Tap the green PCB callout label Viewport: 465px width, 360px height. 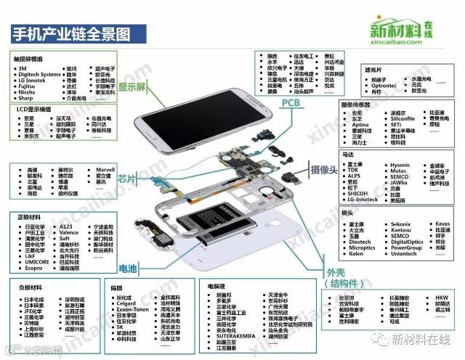tap(294, 104)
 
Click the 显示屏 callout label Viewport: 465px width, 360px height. tap(133, 86)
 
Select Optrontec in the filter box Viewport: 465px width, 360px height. tap(384, 86)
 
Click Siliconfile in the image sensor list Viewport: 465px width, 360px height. tap(403, 118)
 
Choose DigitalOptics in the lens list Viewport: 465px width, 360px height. tap(405, 242)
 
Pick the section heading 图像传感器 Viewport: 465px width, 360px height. tap(361, 105)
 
